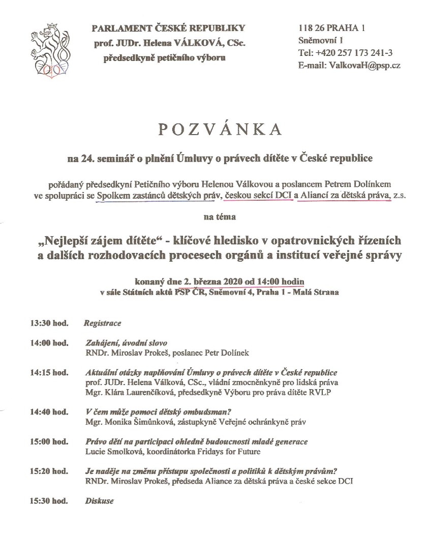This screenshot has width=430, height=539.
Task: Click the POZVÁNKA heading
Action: pyautogui.click(x=219, y=130)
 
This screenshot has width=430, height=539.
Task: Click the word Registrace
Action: pyautogui.click(x=102, y=323)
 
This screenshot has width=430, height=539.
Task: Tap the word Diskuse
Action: pyautogui.click(x=99, y=501)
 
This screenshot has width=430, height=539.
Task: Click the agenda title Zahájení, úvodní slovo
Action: pyautogui.click(x=126, y=343)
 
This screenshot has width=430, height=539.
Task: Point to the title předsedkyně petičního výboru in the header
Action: pyautogui.click(x=165, y=58)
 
